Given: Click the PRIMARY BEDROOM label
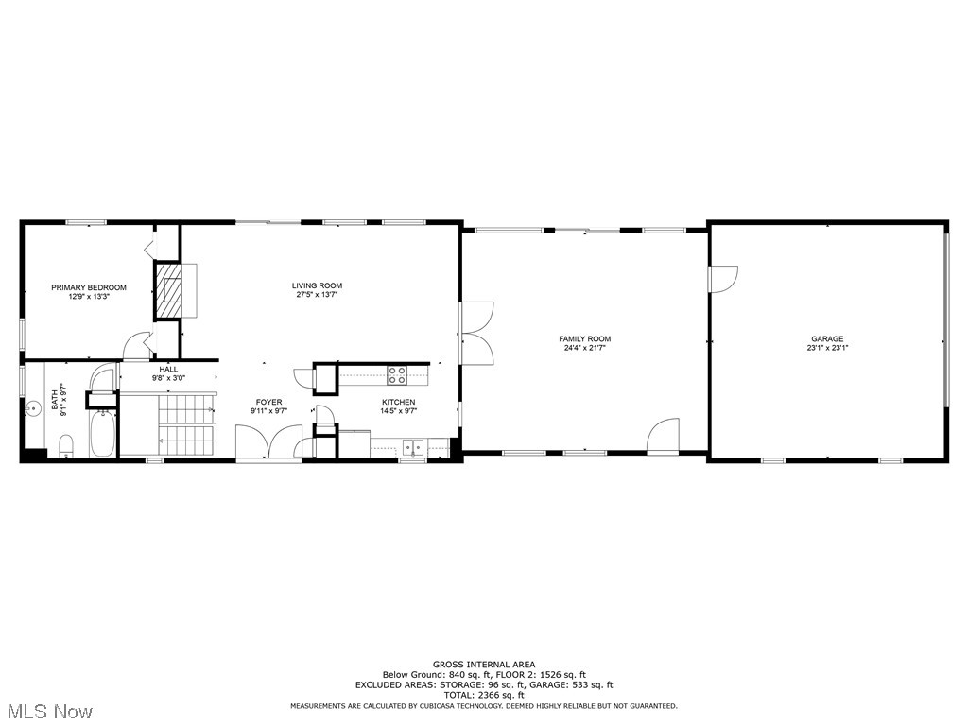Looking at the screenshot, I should point(89,287).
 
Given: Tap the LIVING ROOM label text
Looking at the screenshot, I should point(317,285).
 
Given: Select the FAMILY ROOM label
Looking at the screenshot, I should point(585,338).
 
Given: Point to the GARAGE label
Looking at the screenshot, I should point(826,338).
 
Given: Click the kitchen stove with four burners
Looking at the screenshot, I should point(397,374).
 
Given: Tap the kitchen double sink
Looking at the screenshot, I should point(412,445).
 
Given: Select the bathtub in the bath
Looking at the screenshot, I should point(103,434).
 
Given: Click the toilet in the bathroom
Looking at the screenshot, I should point(66,444).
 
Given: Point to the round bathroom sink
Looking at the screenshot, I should point(33,408).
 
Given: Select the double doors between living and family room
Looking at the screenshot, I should point(475,333).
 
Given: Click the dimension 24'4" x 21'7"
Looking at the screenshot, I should point(585,348).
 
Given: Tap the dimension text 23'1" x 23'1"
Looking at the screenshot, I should point(826,348).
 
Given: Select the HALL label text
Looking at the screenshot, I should point(168,369).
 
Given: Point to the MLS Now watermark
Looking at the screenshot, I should point(46,710).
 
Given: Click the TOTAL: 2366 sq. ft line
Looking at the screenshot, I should point(483,695).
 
